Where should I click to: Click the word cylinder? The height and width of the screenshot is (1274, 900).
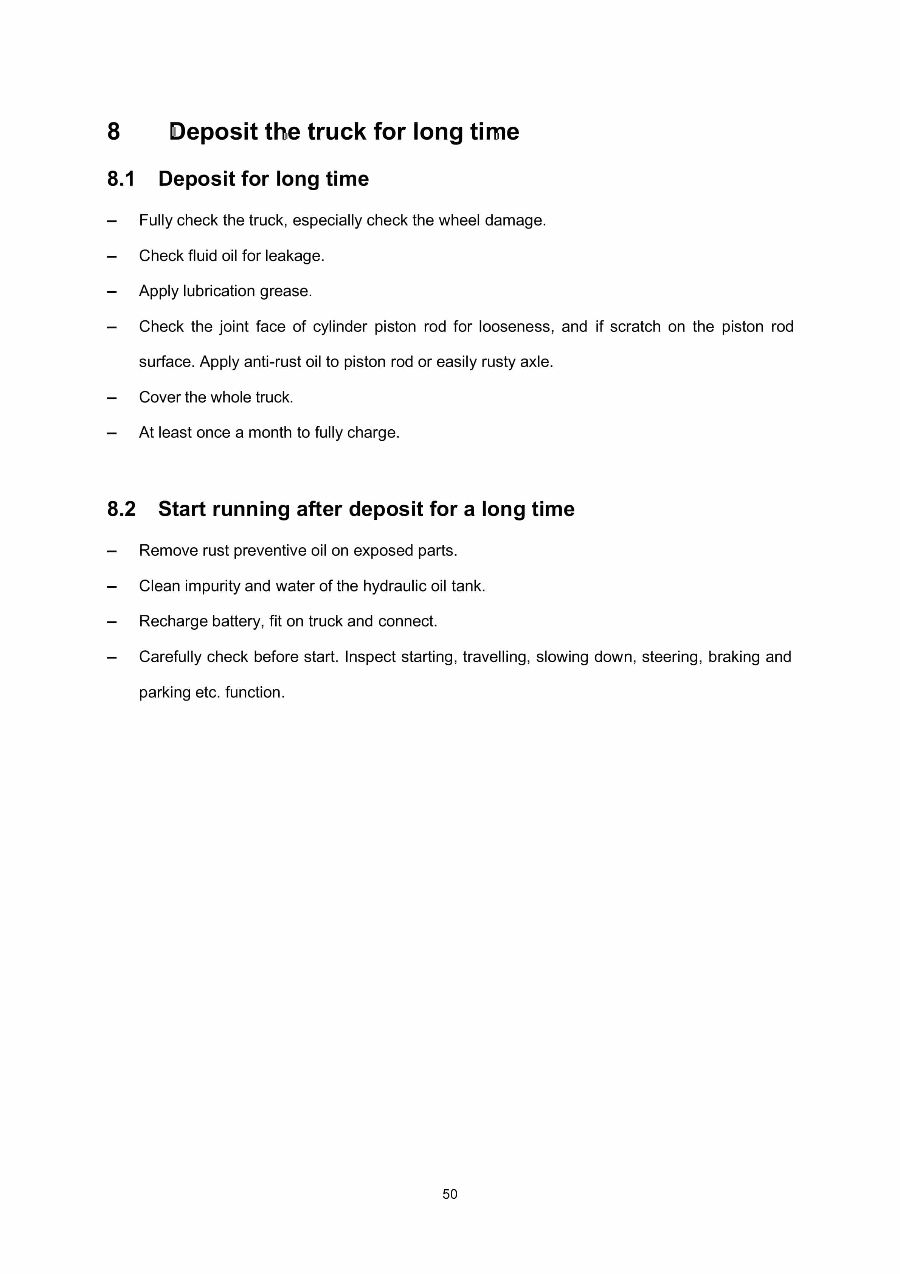tap(340, 327)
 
